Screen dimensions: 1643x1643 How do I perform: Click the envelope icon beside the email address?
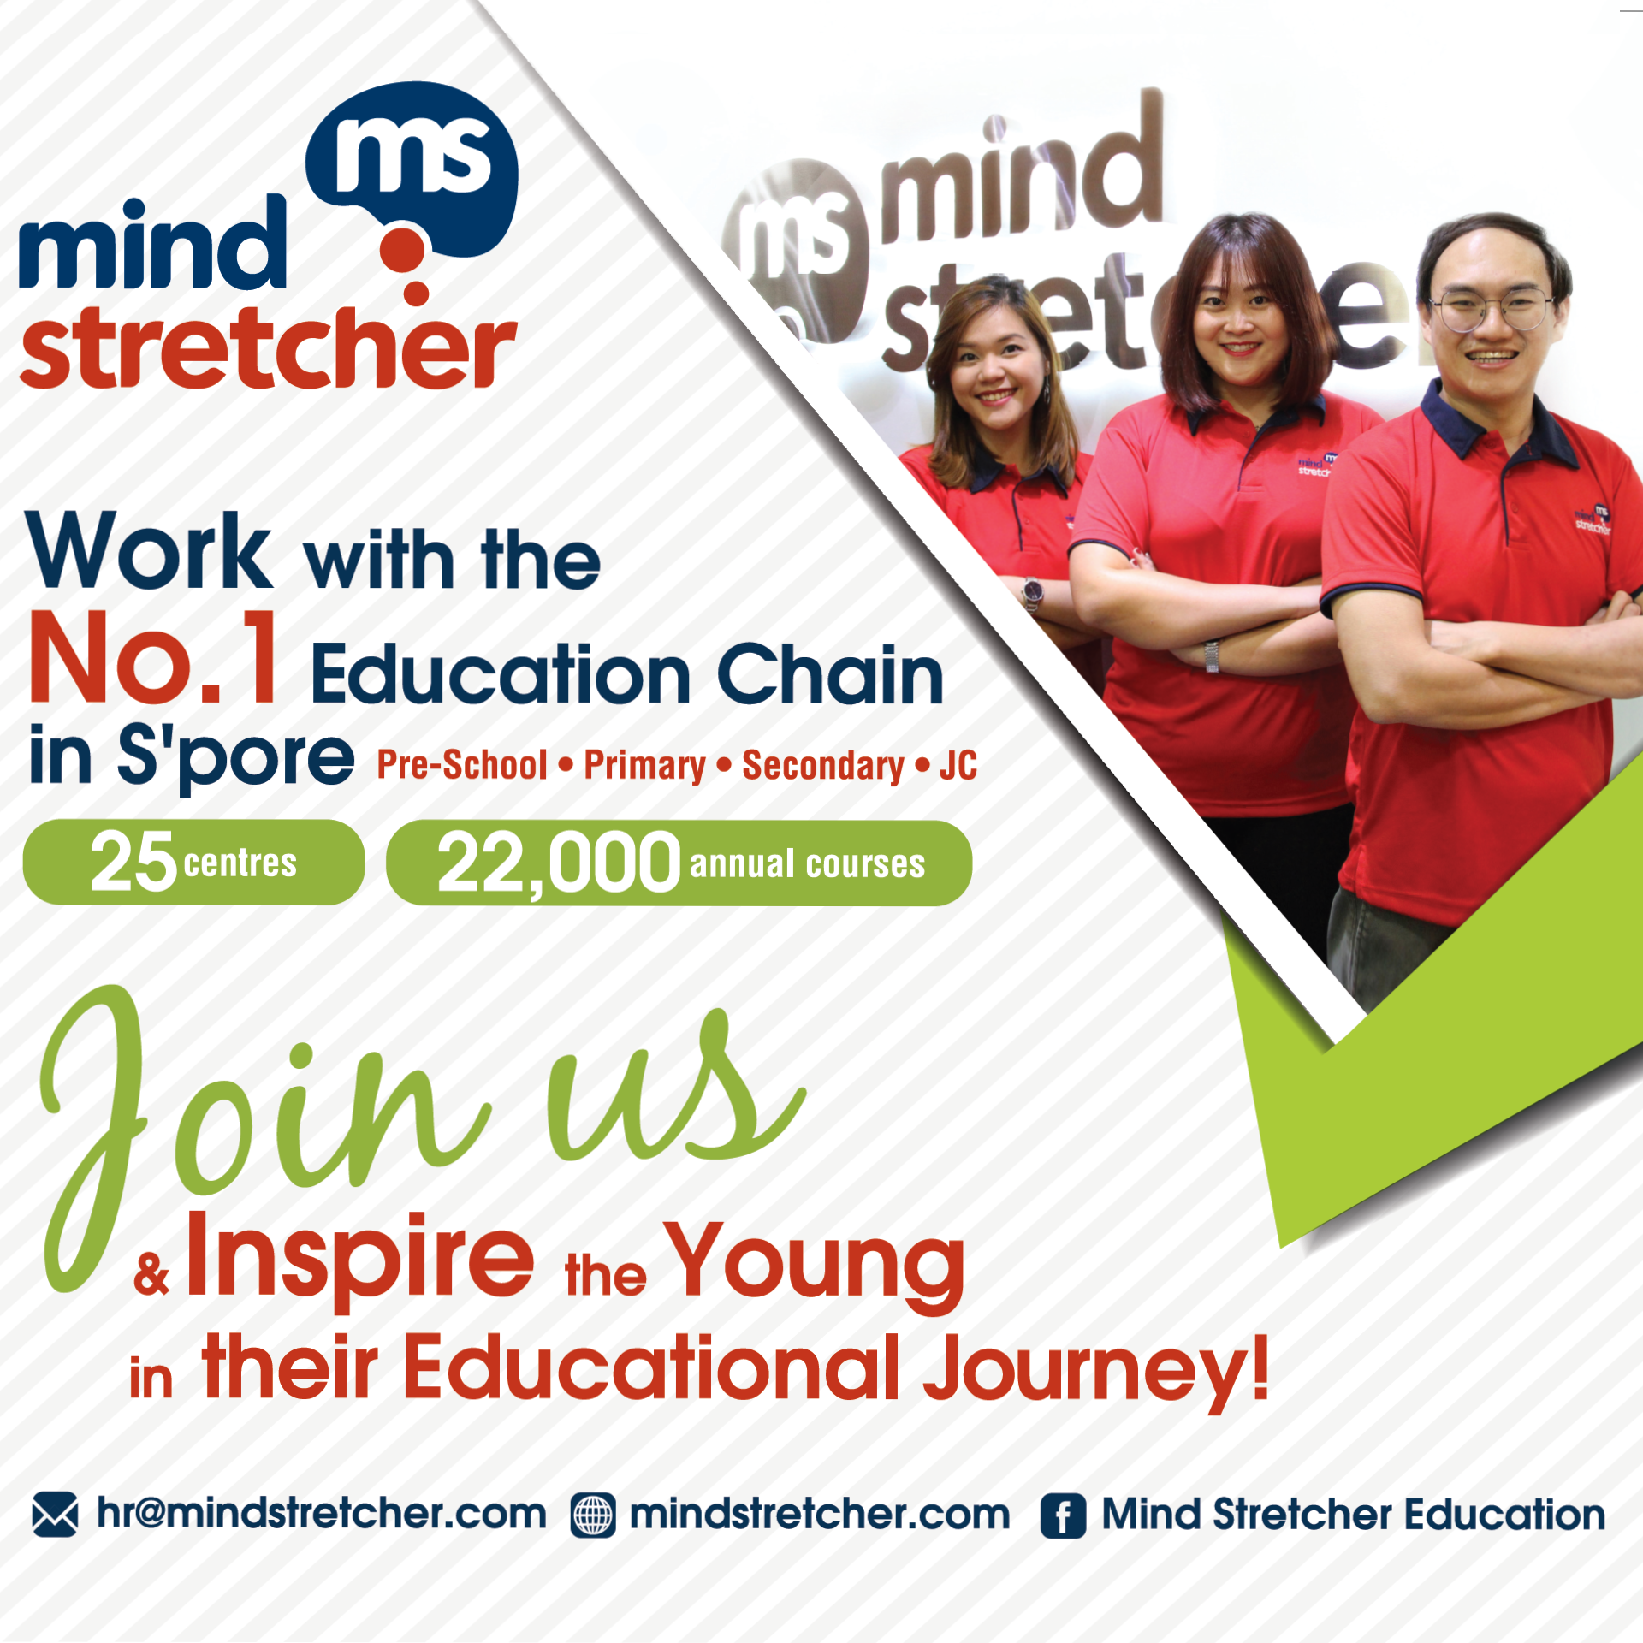tap(55, 1515)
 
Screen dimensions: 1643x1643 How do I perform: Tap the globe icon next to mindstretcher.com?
tap(593, 1516)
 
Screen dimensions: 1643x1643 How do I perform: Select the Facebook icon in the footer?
tap(1064, 1516)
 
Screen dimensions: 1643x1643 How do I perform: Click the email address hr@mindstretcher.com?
tap(321, 1514)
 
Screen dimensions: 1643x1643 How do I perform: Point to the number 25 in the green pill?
tap(133, 862)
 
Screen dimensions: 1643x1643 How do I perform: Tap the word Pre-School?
tap(462, 765)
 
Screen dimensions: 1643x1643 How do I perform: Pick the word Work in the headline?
tap(150, 550)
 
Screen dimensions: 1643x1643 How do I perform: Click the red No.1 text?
tap(154, 659)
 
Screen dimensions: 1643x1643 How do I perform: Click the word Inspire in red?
tap(360, 1258)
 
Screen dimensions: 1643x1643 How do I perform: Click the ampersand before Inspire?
tap(151, 1274)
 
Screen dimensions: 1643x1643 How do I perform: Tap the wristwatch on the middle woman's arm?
tap(1212, 655)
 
